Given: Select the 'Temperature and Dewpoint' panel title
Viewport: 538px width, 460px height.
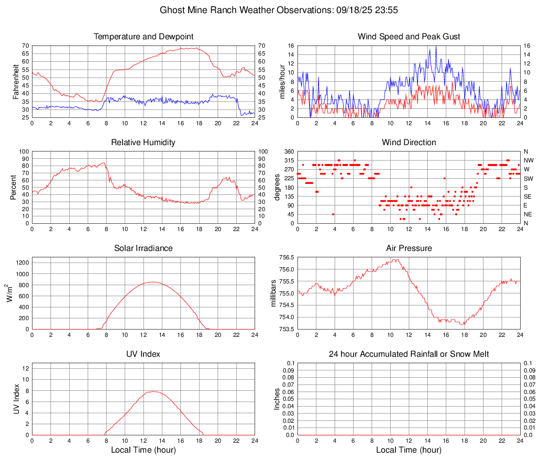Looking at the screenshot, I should pos(144,37).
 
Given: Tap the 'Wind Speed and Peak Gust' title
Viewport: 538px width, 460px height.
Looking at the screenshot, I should pos(409,37).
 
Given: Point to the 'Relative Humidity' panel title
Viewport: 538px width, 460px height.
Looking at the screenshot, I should pos(144,143).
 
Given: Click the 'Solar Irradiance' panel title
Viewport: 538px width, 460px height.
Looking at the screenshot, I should pos(144,248).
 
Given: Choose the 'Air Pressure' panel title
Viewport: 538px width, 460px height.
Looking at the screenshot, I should pos(409,248).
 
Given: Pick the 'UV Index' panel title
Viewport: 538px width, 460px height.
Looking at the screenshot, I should pos(144,354).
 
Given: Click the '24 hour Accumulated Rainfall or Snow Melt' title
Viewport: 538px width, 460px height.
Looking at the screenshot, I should pos(409,354).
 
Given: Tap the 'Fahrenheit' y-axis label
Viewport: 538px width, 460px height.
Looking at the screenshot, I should pos(16,82).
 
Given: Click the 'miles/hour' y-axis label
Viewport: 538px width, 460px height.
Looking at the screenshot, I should pos(281,82).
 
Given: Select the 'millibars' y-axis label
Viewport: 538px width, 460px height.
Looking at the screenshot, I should pos(273,293).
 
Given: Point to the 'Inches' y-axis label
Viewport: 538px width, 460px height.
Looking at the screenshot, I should pos(277,399).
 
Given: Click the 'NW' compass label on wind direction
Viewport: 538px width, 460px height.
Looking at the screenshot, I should pos(528,160).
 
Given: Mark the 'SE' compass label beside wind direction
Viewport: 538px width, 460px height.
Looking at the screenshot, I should pos(528,196).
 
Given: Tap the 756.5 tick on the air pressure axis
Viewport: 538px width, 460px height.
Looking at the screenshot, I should pos(286,258).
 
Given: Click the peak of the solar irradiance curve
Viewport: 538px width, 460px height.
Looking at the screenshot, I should pos(152,282).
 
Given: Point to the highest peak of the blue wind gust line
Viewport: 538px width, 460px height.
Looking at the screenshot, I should pos(436,46).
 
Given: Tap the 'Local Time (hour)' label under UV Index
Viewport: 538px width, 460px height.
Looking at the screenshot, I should pos(144,450).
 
